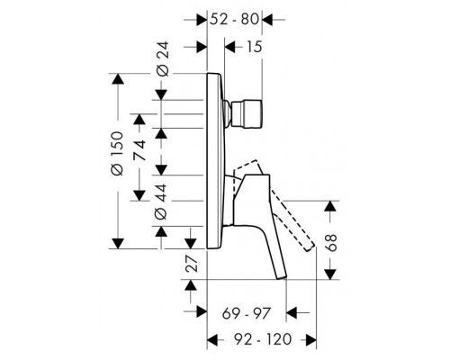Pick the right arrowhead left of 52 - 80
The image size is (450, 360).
(x=202, y=18)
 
